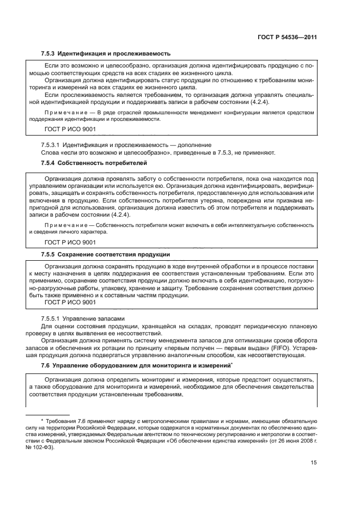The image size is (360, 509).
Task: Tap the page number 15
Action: (313, 463)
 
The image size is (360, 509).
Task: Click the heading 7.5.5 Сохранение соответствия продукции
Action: (106, 254)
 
